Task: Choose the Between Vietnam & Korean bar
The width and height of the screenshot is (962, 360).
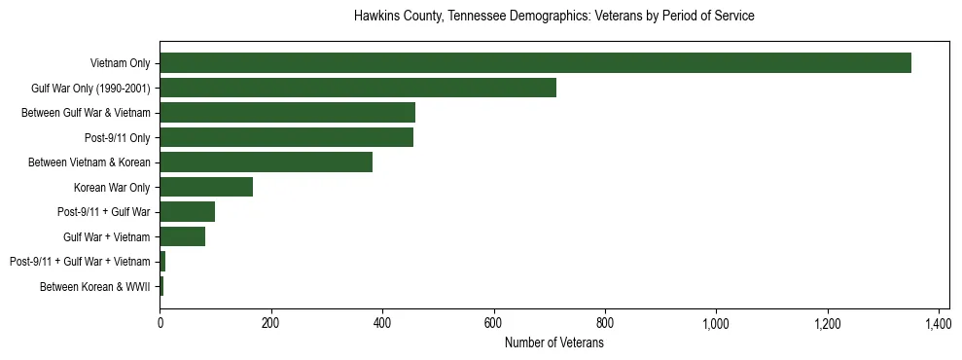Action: point(266,162)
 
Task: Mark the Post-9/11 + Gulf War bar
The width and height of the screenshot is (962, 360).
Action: point(187,212)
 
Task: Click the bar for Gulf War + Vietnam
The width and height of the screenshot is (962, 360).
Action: point(182,236)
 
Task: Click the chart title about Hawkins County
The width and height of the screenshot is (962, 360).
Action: point(554,17)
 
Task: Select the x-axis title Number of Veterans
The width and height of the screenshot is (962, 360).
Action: point(554,342)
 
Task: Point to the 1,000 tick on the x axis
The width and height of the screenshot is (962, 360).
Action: point(716,323)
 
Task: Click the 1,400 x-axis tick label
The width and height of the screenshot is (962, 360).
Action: point(939,323)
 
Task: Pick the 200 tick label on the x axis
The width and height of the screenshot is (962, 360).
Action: point(270,323)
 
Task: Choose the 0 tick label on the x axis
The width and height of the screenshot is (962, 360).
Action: point(160,323)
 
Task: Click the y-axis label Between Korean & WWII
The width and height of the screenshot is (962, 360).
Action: point(94,286)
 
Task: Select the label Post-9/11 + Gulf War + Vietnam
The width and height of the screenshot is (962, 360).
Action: point(80,262)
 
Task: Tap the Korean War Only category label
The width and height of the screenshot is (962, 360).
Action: point(111,187)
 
